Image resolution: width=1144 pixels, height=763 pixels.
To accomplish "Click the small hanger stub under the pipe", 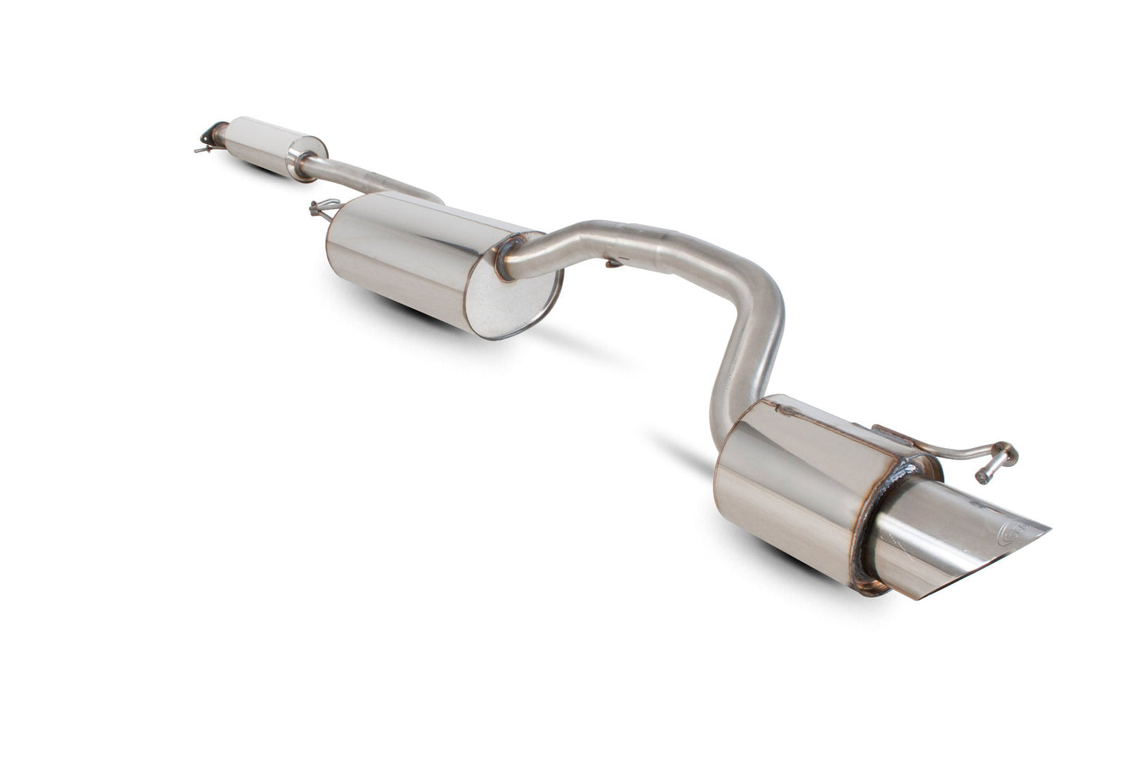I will point(612,262).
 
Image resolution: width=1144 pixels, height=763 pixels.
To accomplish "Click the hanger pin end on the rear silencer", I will point(985,477).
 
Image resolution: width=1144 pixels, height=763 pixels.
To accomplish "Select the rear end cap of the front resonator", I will point(308,152).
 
